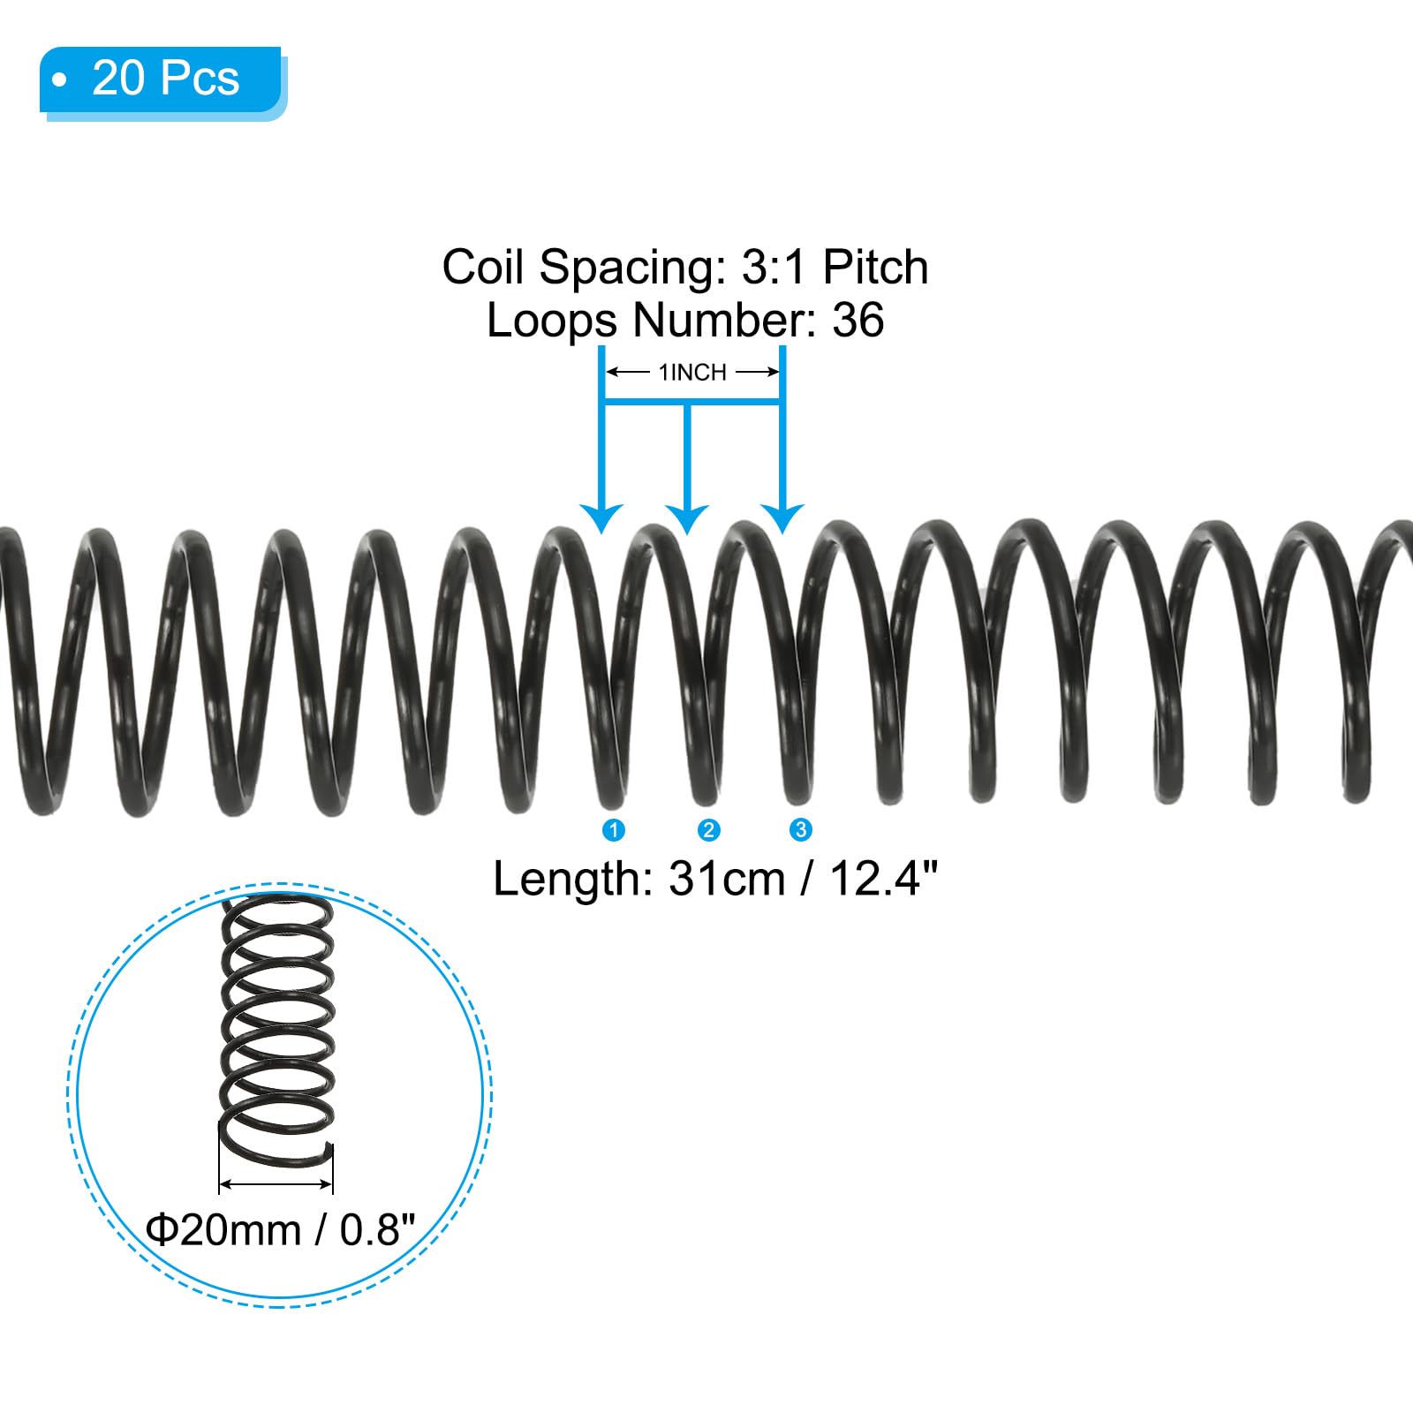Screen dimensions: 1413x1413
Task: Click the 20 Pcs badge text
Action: click(x=165, y=78)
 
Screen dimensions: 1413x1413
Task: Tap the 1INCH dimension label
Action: click(x=692, y=373)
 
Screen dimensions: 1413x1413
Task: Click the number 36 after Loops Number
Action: click(x=858, y=320)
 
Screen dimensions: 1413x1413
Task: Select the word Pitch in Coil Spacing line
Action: click(x=875, y=267)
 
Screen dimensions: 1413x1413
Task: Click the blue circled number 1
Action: click(x=613, y=830)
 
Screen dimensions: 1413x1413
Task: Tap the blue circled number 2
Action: click(x=708, y=830)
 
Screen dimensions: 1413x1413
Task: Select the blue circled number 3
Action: click(x=801, y=830)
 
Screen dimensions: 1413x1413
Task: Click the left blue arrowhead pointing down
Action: click(x=601, y=518)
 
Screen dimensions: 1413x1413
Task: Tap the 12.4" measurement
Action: click(x=883, y=880)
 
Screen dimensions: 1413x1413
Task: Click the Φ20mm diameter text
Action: click(x=223, y=1229)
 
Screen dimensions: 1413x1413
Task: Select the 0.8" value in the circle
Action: click(x=377, y=1229)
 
